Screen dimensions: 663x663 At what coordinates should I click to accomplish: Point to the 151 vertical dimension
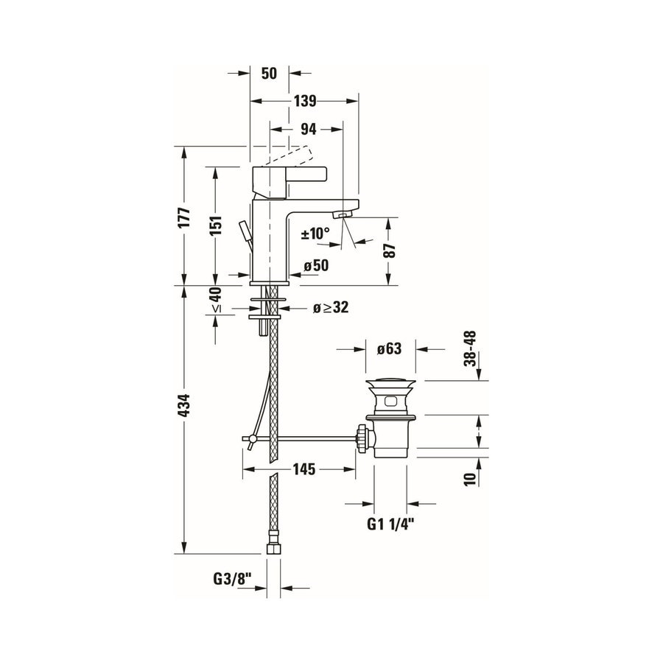point(214,225)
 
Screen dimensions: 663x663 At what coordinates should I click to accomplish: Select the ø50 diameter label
point(315,266)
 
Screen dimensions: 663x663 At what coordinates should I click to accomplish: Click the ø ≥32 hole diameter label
point(330,309)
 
